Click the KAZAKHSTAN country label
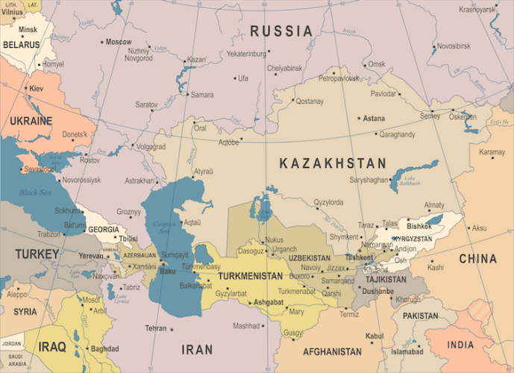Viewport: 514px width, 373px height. coord(333,163)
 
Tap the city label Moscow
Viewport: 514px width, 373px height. coord(118,42)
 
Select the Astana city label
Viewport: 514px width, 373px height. coord(374,119)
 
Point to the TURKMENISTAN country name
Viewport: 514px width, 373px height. coord(250,277)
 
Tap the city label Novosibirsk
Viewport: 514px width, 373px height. coord(453,46)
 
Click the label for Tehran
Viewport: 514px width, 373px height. coord(156,328)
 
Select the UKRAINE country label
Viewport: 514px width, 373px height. coord(31,121)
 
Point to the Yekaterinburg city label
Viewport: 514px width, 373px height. coord(246,54)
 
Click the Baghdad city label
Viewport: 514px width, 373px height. coord(104,348)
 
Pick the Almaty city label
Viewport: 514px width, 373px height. coord(434,205)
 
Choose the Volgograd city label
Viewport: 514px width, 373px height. coord(151,147)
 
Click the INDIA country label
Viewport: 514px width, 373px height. coord(460,345)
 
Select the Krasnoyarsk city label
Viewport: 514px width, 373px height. coord(477,10)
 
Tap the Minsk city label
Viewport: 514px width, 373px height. coord(28,30)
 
